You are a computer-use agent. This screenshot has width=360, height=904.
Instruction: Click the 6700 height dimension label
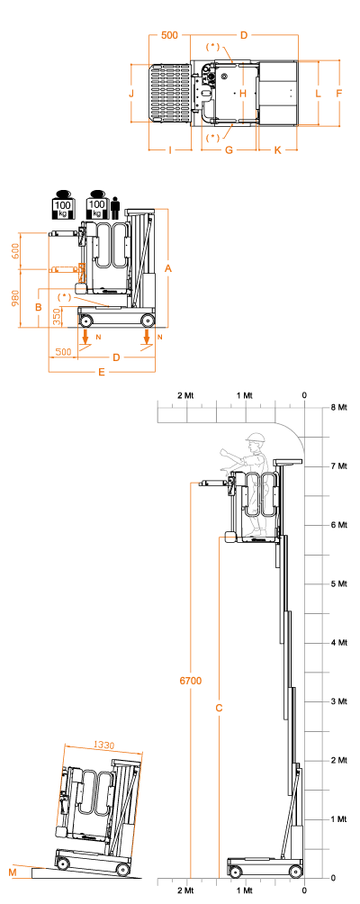[191, 681]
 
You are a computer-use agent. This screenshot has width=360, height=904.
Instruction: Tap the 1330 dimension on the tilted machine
[103, 745]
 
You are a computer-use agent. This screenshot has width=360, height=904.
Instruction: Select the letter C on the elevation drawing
[219, 708]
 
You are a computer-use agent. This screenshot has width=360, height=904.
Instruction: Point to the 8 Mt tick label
[339, 407]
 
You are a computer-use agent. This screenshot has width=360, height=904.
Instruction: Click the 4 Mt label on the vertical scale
[339, 642]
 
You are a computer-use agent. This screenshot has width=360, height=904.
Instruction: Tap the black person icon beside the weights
[115, 208]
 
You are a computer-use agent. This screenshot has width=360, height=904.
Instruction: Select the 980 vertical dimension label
[14, 298]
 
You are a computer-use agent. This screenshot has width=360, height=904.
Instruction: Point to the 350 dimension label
[57, 317]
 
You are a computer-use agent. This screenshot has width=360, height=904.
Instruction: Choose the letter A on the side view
[168, 268]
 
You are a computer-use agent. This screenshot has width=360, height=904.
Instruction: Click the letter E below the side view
[102, 373]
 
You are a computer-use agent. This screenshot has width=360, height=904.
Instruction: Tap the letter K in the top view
[277, 150]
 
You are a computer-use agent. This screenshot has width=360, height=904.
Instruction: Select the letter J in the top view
[131, 93]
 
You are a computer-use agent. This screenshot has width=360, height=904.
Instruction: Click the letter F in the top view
[339, 93]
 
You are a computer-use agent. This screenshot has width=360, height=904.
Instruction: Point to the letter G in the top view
[229, 150]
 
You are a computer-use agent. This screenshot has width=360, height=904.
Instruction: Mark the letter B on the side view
[38, 307]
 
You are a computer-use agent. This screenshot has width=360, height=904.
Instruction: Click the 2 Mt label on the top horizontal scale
[185, 395]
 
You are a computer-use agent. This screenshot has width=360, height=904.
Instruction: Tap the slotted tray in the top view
[170, 93]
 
